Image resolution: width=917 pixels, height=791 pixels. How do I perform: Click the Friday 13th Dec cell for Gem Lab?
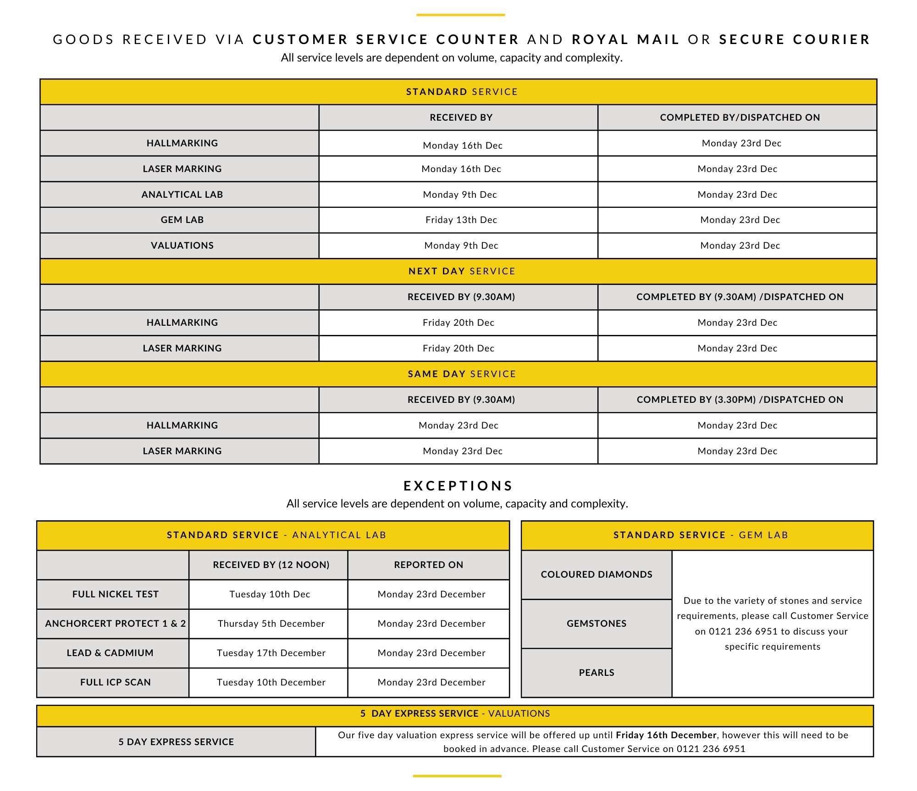pyautogui.click(x=461, y=220)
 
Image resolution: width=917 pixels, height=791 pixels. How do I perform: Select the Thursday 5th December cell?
pyautogui.click(x=271, y=624)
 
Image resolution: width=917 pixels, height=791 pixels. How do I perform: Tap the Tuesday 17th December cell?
pyautogui.click(x=271, y=653)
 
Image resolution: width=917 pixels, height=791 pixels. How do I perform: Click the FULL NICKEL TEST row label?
pyautogui.click(x=115, y=594)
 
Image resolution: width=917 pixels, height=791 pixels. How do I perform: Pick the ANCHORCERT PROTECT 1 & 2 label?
pyautogui.click(x=115, y=624)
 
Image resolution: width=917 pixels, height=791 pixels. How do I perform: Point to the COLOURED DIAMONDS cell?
pyautogui.click(x=596, y=574)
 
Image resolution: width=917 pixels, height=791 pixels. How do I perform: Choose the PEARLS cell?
pyautogui.click(x=596, y=673)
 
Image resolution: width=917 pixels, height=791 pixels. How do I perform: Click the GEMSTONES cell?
pyautogui.click(x=596, y=624)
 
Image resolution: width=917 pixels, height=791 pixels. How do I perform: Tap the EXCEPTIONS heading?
pyautogui.click(x=458, y=486)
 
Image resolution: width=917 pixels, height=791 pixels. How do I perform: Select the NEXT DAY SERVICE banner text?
pyautogui.click(x=462, y=271)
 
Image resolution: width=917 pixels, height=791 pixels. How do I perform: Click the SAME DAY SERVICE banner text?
pyautogui.click(x=462, y=374)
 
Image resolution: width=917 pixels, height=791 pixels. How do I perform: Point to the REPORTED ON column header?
pyautogui.click(x=428, y=565)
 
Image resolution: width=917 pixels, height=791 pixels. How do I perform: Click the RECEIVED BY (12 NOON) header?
pyautogui.click(x=271, y=565)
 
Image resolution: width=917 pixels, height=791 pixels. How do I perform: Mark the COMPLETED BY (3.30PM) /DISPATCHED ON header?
pyautogui.click(x=740, y=400)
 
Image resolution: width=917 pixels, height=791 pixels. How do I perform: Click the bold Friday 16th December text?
pyautogui.click(x=666, y=735)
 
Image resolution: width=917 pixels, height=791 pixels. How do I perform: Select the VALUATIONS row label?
pyautogui.click(x=182, y=245)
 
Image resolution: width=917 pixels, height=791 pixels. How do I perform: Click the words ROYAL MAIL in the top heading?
pyautogui.click(x=625, y=39)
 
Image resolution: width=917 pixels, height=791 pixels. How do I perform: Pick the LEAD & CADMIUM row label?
pyautogui.click(x=110, y=653)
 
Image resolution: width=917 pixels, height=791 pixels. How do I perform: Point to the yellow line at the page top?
pyautogui.click(x=460, y=15)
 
